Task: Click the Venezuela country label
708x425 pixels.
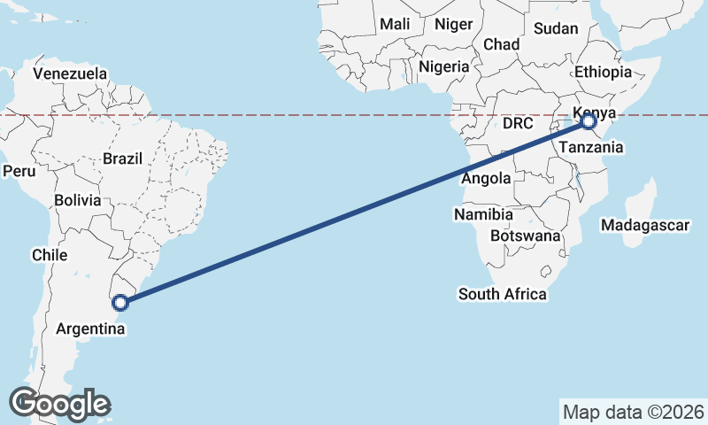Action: pyautogui.click(x=70, y=73)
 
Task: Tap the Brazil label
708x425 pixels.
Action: pyautogui.click(x=122, y=158)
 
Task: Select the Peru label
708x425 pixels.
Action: pyautogui.click(x=18, y=170)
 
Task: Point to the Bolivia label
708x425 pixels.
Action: pyautogui.click(x=77, y=200)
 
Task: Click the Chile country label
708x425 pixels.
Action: pyautogui.click(x=50, y=255)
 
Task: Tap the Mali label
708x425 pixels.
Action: pyautogui.click(x=395, y=25)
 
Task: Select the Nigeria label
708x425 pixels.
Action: pyautogui.click(x=444, y=66)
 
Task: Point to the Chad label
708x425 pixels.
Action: pyautogui.click(x=501, y=44)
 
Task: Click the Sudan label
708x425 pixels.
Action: pyautogui.click(x=556, y=28)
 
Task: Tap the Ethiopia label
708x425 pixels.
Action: pyautogui.click(x=603, y=73)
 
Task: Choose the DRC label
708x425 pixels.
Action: pyautogui.click(x=518, y=124)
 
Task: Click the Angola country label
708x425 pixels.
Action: pyautogui.click(x=487, y=178)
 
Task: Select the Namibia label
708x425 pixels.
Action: pyautogui.click(x=483, y=214)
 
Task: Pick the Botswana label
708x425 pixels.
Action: pyautogui.click(x=525, y=236)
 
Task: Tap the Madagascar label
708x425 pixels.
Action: pyautogui.click(x=644, y=226)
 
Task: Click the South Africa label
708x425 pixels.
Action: pyautogui.click(x=502, y=294)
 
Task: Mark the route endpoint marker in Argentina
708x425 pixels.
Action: pyautogui.click(x=121, y=303)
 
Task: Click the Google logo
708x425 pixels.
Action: pyautogui.click(x=59, y=403)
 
